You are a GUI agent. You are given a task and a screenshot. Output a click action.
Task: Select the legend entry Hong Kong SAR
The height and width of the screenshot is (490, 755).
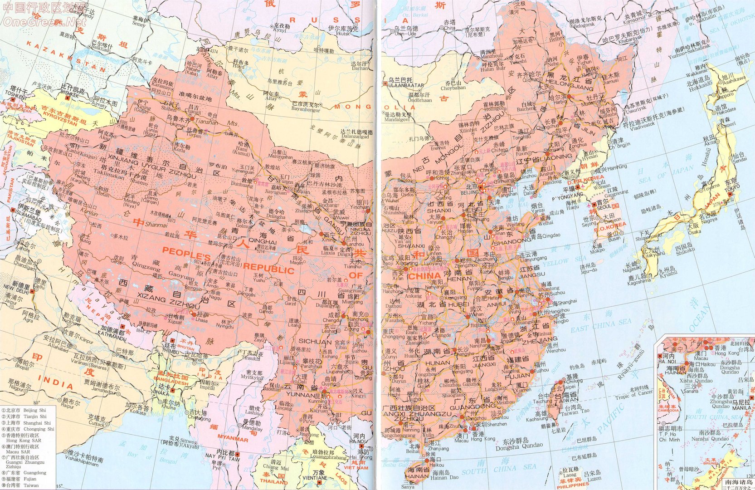click(x=24, y=441)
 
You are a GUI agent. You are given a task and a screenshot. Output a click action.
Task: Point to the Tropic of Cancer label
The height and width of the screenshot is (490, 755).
click(x=635, y=397)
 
